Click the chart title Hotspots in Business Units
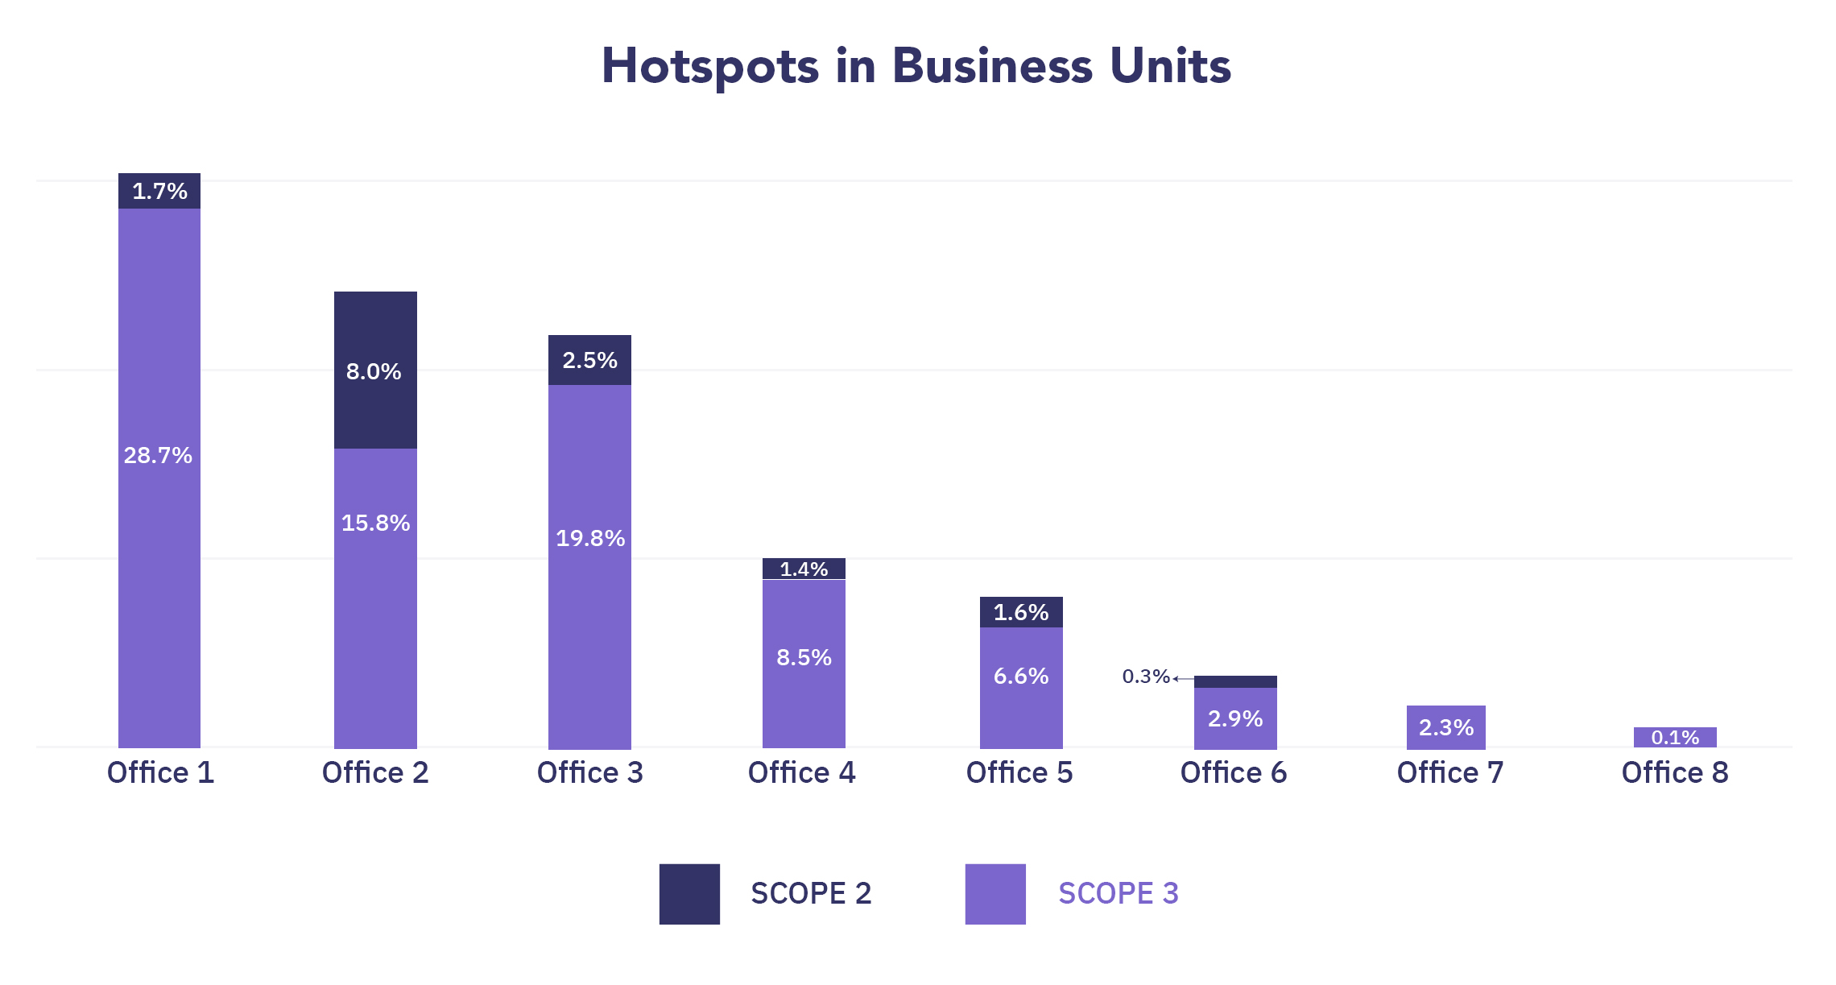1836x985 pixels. coord(916,66)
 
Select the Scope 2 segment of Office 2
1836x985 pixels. coord(375,370)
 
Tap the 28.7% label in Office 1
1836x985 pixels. coord(159,456)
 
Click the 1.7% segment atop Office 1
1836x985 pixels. coord(159,191)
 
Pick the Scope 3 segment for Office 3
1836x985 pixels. coord(589,564)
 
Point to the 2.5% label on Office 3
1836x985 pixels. coord(589,360)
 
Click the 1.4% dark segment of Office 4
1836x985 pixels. coord(804,569)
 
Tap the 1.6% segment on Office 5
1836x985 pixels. coord(1021,612)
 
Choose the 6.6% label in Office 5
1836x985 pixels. coord(1021,676)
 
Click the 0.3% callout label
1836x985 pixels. coord(1145,677)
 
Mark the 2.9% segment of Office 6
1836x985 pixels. coord(1235,718)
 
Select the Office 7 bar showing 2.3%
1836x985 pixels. coord(1446,727)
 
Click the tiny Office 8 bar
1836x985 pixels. coord(1675,737)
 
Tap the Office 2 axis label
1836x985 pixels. coord(375,772)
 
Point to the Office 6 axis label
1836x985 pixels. coord(1234,772)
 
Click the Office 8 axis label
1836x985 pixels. coord(1675,772)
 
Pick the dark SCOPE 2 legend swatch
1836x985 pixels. coord(689,894)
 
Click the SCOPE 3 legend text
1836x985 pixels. coord(1119,894)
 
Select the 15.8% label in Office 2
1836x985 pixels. coord(375,524)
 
